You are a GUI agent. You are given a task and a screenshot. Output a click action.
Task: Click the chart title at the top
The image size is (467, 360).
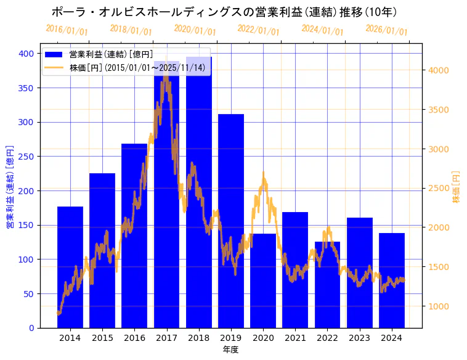[x=224, y=12]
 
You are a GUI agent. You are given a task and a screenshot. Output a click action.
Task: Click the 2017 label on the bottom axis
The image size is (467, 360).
[x=166, y=338]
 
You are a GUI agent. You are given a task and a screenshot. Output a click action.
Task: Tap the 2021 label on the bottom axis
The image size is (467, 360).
[x=295, y=338]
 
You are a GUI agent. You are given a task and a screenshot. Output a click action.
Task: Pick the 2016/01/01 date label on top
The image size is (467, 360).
[x=67, y=30]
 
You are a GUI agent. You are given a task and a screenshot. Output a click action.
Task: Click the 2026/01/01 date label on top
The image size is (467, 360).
[x=386, y=30]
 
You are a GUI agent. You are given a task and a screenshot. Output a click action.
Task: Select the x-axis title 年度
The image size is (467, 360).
[x=231, y=350]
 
